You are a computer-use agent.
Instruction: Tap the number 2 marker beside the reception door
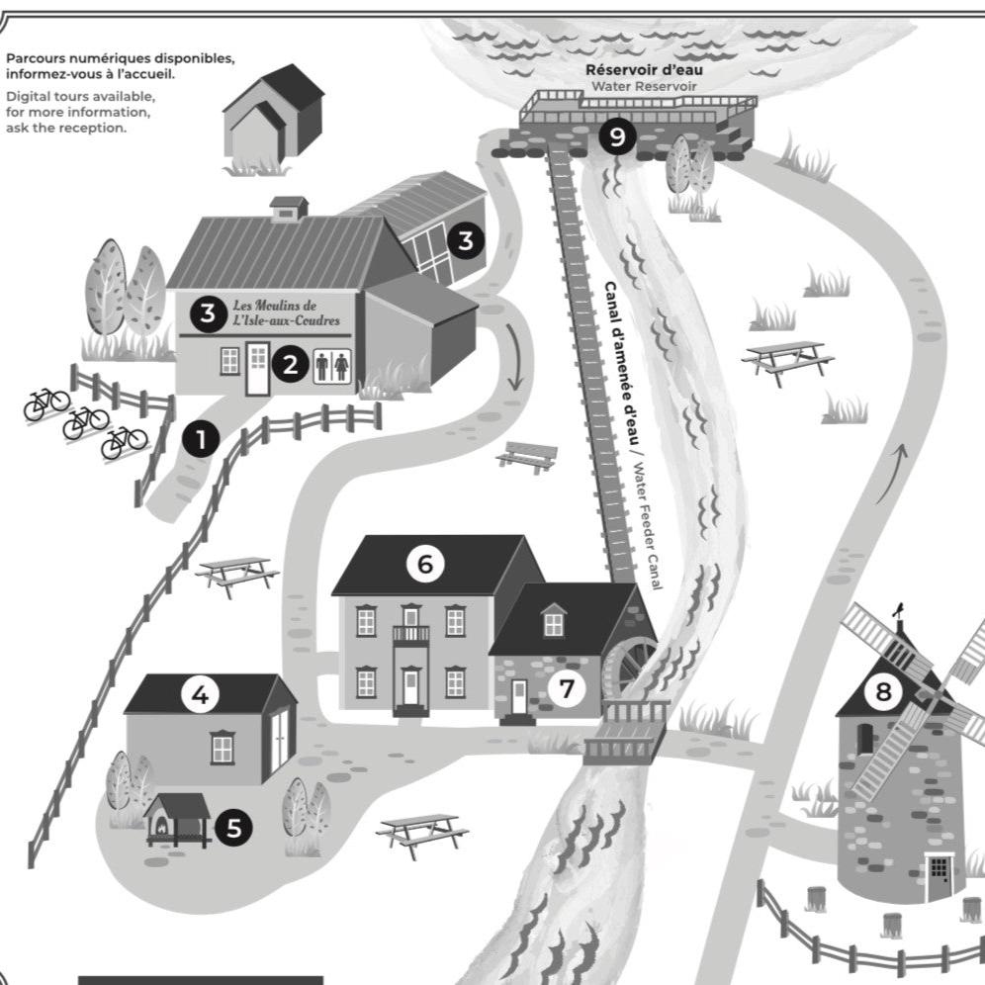290,364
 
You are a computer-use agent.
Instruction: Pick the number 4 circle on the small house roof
201,696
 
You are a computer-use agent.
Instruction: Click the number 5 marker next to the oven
233,828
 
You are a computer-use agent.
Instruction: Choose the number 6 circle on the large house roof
425,564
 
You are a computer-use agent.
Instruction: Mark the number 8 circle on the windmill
882,691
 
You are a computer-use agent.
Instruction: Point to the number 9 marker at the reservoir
617,136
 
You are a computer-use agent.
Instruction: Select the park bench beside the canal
527,455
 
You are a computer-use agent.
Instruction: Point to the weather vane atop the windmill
899,614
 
